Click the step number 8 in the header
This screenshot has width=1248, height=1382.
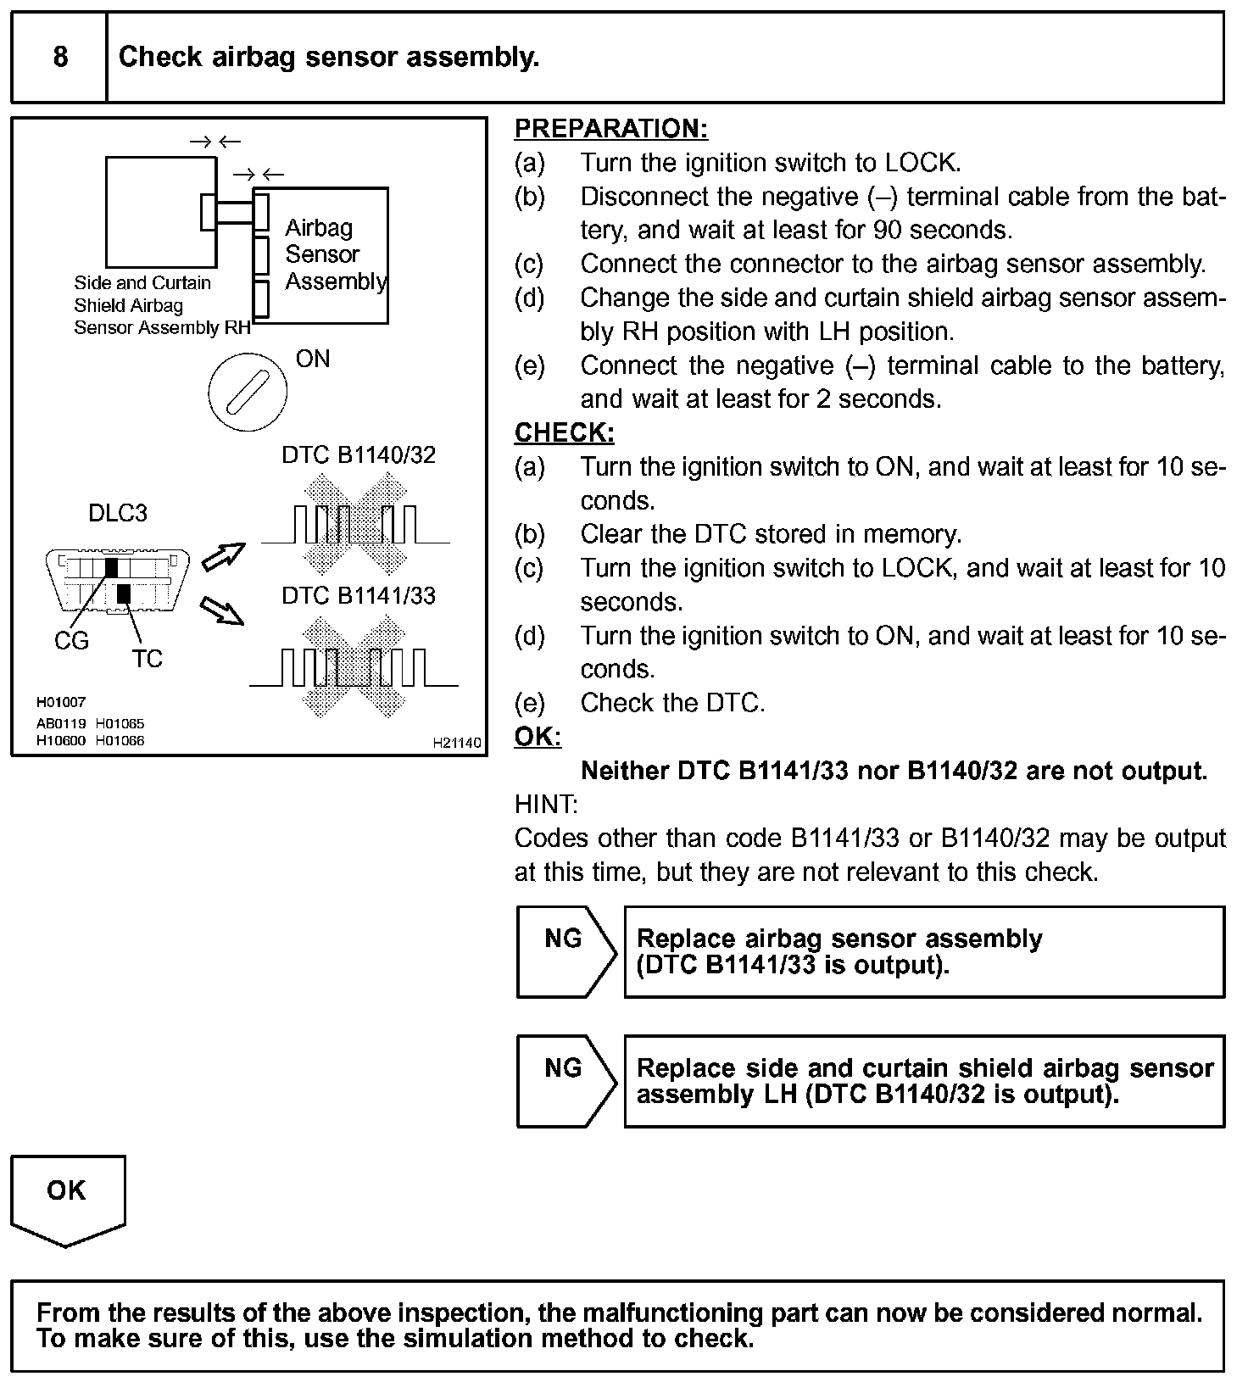coord(60,57)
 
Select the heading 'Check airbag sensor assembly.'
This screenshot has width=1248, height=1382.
coord(329,57)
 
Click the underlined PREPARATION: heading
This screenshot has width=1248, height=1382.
coord(610,128)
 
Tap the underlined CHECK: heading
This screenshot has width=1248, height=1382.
coord(564,432)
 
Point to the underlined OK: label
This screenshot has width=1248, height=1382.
coord(538,736)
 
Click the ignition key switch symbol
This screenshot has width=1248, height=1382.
coord(247,391)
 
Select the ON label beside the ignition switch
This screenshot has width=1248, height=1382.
coord(313,359)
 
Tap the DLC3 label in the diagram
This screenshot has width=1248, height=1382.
coord(117,513)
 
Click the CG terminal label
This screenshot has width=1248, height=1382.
coord(71,641)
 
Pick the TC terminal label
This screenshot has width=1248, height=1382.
coord(147,659)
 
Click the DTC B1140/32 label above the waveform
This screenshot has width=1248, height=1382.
coord(359,455)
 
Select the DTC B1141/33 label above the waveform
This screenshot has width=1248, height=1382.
coord(359,596)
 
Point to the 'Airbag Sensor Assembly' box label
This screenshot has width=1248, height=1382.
coord(335,254)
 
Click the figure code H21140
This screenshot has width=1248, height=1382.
coord(456,743)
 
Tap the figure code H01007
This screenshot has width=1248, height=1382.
coord(60,702)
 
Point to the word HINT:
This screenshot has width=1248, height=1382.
coord(545,804)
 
